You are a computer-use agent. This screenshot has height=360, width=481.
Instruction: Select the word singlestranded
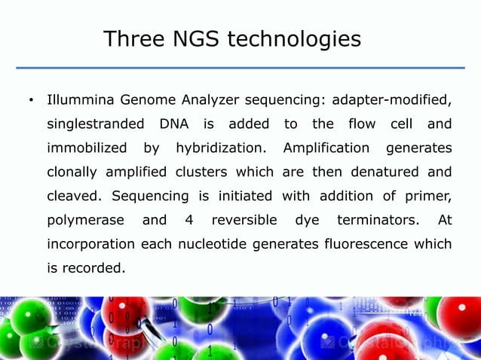pos(94,124)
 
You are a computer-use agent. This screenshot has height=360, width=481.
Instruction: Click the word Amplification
pos(326,148)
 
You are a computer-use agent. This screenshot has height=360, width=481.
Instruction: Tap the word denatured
pos(386,172)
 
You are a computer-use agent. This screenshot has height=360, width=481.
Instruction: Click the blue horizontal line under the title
pos(240,68)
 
